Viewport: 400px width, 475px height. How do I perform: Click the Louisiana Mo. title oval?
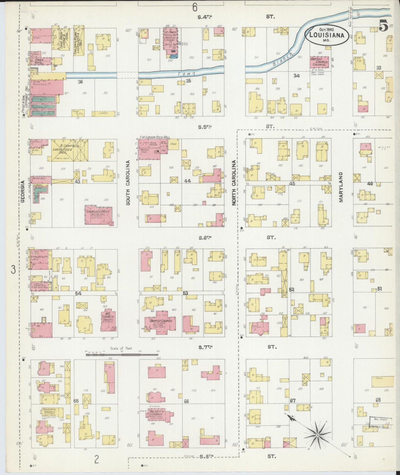tap(326, 35)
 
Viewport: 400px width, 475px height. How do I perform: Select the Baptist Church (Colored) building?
tap(319, 62)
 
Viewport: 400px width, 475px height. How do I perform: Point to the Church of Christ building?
tap(99, 215)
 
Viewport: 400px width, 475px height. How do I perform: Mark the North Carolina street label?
tap(234, 183)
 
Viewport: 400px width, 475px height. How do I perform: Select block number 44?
tap(187, 181)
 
